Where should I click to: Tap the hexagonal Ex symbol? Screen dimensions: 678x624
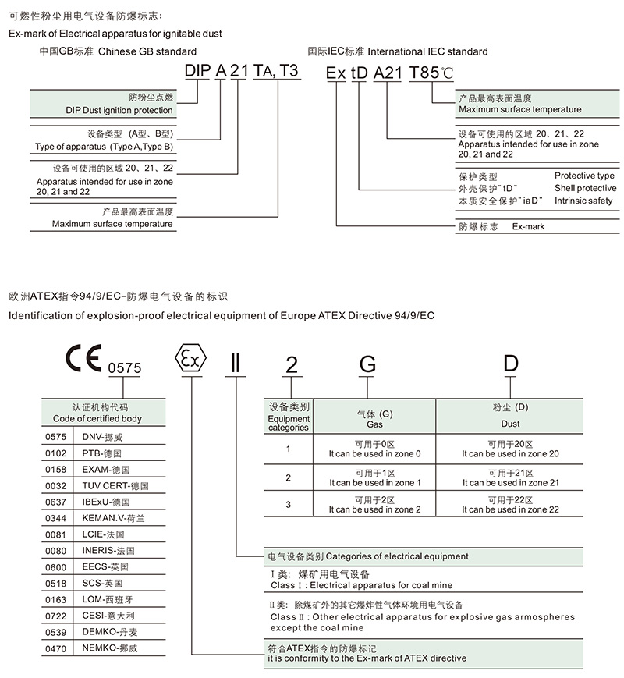click(190, 358)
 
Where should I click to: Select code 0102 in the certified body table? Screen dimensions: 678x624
click(56, 453)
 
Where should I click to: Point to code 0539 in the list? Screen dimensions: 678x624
click(56, 632)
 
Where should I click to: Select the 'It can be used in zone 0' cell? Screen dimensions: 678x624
click(374, 449)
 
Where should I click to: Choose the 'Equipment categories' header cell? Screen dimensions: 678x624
click(289, 417)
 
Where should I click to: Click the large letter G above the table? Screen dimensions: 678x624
click(367, 364)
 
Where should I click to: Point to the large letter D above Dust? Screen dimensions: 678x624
click(511, 363)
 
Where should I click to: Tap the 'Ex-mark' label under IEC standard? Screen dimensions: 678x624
click(528, 226)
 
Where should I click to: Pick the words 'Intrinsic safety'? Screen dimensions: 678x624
click(583, 201)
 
